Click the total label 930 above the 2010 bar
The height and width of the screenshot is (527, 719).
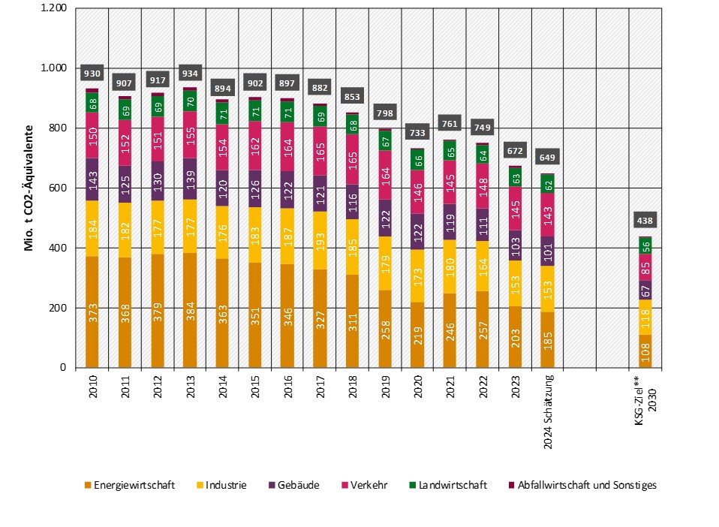coord(92,74)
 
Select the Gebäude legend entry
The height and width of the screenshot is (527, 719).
coord(293,486)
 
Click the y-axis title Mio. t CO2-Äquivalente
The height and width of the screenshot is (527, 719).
coord(29,188)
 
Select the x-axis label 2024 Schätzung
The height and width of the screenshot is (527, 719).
coord(549,411)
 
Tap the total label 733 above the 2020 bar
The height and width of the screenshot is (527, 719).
coord(417,133)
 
